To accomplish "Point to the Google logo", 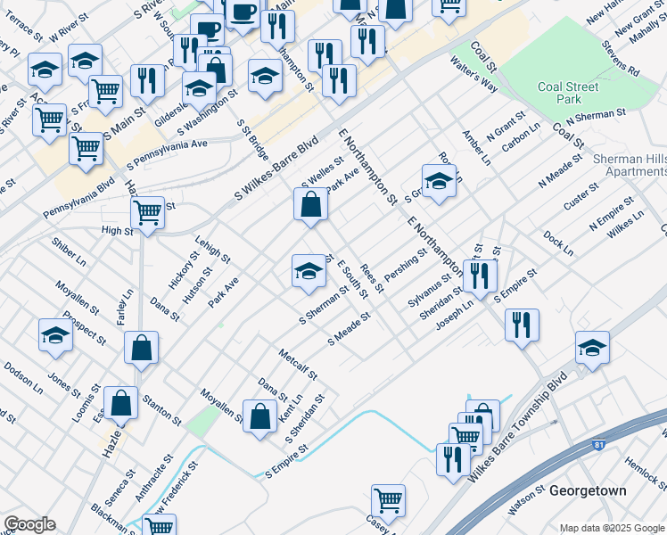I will (29, 524).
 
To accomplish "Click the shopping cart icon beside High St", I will (147, 213).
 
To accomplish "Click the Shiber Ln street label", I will (69, 251).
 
